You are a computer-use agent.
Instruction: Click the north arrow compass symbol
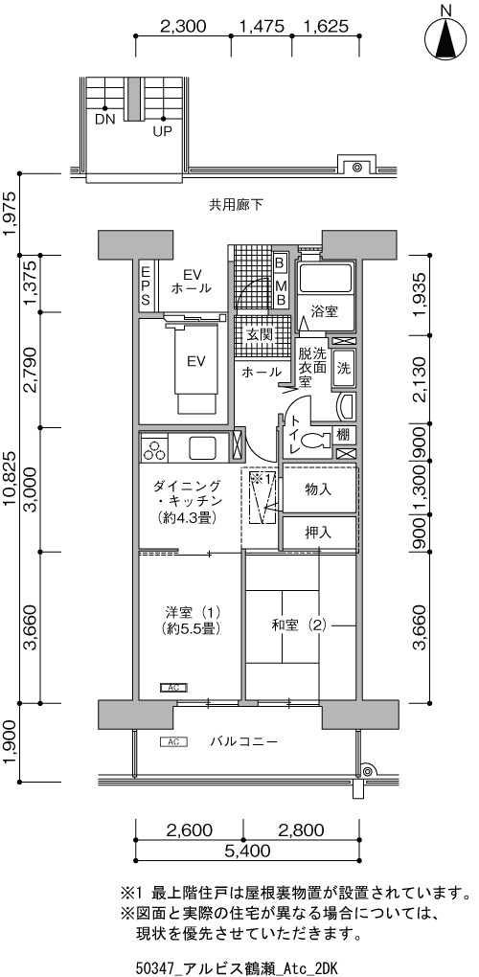[x=446, y=37]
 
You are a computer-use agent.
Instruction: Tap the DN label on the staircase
[x=105, y=120]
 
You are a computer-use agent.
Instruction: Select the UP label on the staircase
[x=163, y=131]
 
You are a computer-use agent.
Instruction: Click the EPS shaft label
[x=145, y=285]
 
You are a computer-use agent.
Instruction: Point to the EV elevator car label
[x=196, y=361]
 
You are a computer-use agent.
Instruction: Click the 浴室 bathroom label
[x=325, y=311]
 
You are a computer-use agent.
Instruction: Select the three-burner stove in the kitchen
[x=154, y=448]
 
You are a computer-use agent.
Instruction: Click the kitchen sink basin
[x=202, y=448]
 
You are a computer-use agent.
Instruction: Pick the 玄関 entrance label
[x=259, y=334]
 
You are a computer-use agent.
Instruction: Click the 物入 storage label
[x=318, y=489]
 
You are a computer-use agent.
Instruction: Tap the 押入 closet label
[x=318, y=534]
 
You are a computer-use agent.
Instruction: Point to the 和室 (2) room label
[x=299, y=625]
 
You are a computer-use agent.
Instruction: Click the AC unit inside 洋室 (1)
[x=173, y=688]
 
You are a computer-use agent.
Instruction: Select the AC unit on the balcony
[x=173, y=741]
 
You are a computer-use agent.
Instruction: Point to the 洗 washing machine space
[x=343, y=368]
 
